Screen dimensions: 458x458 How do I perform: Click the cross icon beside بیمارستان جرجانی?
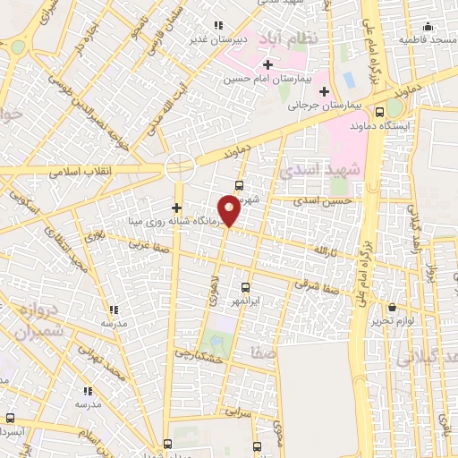coord(324,92)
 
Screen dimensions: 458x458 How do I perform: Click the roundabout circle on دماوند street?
coord(179,167)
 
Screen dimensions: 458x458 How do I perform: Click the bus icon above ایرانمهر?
coord(245,287)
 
